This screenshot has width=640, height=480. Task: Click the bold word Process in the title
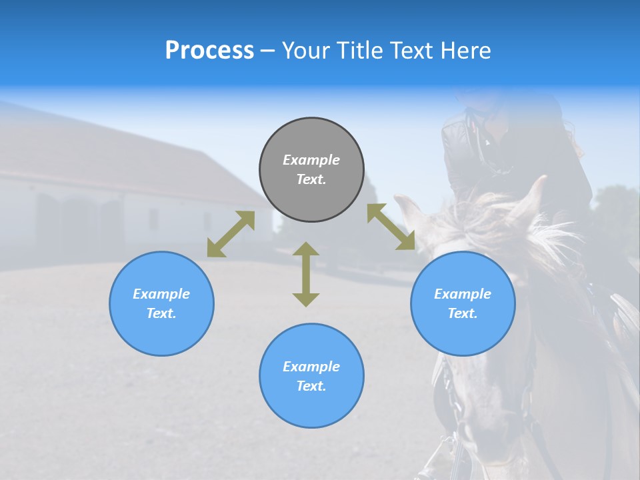(209, 51)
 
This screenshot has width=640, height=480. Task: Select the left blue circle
(161, 303)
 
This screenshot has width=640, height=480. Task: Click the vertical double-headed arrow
(306, 274)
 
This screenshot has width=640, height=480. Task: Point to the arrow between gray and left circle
(231, 234)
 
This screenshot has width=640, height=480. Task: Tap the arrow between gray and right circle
(391, 227)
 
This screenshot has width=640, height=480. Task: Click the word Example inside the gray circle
(311, 160)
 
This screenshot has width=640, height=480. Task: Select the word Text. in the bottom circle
(311, 386)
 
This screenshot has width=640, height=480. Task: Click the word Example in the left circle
(161, 294)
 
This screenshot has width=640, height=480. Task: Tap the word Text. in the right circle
(463, 313)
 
